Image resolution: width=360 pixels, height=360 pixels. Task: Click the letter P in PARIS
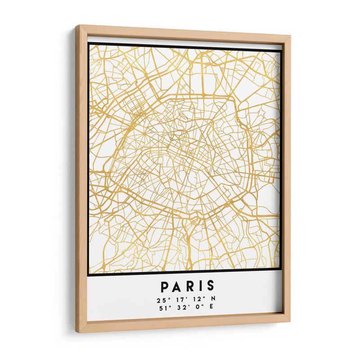164,286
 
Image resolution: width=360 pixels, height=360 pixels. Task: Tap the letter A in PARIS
175,286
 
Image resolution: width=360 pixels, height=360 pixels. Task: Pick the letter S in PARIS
210,286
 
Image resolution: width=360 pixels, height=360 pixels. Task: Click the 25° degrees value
163,300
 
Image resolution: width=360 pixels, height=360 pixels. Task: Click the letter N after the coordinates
213,300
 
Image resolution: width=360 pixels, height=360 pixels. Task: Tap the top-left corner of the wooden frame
76,26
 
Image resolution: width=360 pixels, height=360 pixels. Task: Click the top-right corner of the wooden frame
290,35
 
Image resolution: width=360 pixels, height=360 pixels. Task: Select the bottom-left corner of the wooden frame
77,332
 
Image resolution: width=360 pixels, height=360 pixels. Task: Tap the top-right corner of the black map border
282,50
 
